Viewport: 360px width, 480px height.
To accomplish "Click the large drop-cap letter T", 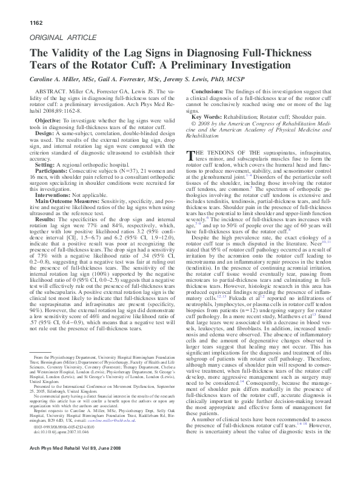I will click(193, 154).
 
